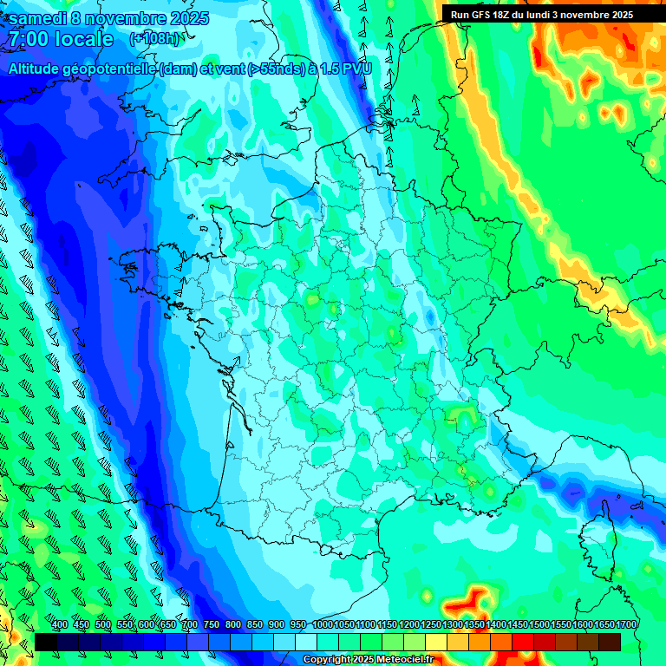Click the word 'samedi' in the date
(x=40, y=18)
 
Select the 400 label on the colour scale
(x=60, y=625)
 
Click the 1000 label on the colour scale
(x=323, y=625)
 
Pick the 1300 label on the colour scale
(x=453, y=625)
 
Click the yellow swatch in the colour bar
(x=436, y=642)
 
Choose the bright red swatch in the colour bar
(x=523, y=642)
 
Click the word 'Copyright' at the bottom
(x=327, y=660)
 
